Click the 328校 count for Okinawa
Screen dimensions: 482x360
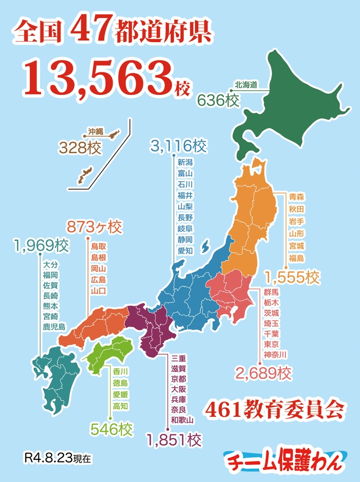(80, 148)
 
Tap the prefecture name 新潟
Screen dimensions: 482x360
(185, 163)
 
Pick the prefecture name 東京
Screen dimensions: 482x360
(271, 344)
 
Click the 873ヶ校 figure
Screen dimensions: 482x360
(95, 226)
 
